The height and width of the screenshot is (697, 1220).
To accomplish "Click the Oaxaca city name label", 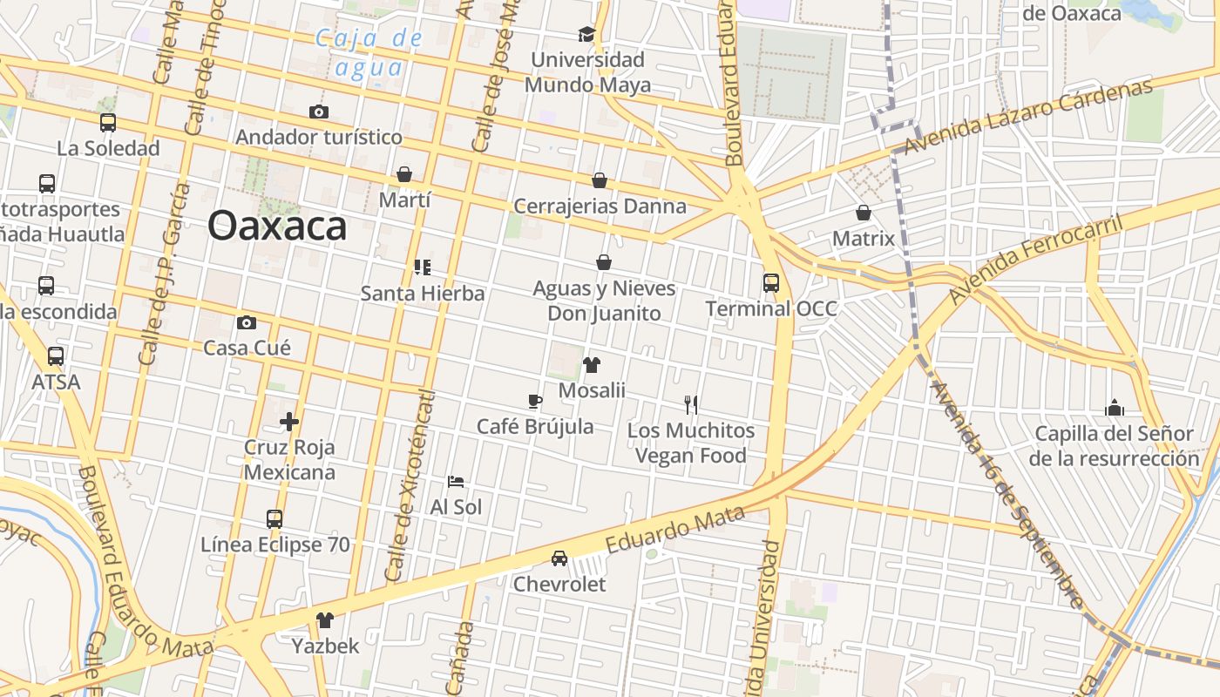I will point(277,227).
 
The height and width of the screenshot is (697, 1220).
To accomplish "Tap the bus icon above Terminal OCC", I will point(771,282).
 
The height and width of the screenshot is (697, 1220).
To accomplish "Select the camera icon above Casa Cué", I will point(247,322).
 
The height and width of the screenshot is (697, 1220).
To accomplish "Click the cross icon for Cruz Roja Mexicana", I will point(289,423).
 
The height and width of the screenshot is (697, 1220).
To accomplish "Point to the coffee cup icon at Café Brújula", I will point(535,401).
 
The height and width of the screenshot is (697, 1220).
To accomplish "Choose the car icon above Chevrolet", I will point(559,558).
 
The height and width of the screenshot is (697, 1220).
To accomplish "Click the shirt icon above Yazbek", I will point(325,620).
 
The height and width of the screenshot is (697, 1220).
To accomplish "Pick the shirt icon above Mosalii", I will point(592,364).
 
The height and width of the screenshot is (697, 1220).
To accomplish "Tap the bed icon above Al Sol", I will point(456,481).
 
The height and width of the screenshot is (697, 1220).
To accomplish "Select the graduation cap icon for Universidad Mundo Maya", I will point(586,34).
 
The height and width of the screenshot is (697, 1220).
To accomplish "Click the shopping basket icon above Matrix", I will point(864,213).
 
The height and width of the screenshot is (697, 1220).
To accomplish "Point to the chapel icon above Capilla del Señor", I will point(1114,408).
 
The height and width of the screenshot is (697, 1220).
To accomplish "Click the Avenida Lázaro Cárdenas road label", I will point(1028,116).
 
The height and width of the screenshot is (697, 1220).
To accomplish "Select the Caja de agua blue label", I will point(369,52).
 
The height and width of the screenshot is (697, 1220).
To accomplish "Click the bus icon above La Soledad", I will point(108,123).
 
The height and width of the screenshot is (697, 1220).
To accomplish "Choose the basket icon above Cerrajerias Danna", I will point(600,180).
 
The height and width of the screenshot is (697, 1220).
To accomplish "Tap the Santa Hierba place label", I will point(423,294).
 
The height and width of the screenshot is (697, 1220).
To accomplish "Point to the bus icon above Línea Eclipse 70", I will point(274,519).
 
